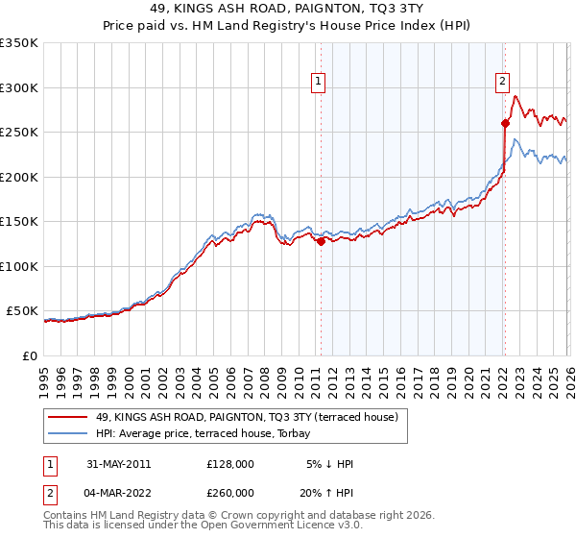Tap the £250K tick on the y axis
pos(18,132)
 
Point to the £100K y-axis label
pos(18,266)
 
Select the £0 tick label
pos(29,355)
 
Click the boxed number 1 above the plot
pos(319,83)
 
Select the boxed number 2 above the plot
pos(502,83)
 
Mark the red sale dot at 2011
pos(321,242)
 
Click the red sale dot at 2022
pos(504,123)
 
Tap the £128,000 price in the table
pos(229,464)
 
